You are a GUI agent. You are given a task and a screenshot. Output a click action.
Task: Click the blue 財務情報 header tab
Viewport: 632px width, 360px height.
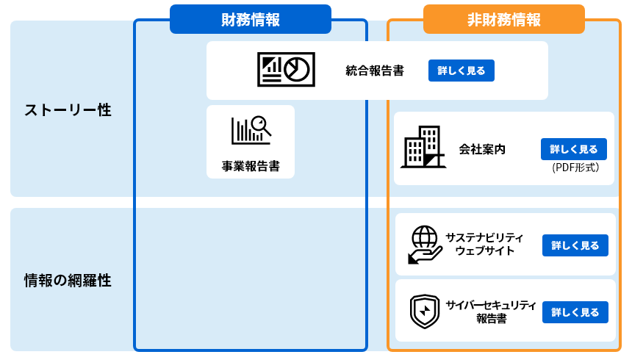[250, 20]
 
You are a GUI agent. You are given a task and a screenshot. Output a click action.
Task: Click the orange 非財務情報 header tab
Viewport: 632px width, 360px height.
[503, 20]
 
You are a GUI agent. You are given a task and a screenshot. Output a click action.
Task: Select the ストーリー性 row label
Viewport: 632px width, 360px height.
[68, 110]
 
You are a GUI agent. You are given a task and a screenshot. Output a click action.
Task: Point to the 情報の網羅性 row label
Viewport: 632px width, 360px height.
[68, 280]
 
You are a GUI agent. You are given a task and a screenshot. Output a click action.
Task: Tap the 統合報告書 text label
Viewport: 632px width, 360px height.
[375, 71]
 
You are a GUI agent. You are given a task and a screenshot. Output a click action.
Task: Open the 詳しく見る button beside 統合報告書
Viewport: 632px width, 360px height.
[461, 71]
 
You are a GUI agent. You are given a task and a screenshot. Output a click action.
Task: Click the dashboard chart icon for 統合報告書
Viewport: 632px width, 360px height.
[286, 69]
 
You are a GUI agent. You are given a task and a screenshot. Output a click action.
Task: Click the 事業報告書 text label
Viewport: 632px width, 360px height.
[251, 166]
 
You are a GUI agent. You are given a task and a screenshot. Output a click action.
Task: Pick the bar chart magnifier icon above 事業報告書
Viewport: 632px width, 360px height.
[251, 130]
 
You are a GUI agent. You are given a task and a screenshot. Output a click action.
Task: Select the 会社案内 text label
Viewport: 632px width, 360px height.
[482, 149]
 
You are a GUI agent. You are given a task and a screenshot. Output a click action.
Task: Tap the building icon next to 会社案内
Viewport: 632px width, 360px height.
[423, 147]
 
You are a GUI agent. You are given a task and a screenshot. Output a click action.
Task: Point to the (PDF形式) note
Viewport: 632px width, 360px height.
[575, 168]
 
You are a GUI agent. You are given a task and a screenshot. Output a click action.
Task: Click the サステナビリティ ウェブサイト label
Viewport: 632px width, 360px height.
[484, 244]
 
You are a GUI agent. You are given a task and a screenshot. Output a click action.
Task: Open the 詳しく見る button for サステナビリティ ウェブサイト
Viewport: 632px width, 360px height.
[575, 245]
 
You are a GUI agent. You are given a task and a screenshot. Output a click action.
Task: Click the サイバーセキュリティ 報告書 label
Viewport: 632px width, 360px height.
[490, 312]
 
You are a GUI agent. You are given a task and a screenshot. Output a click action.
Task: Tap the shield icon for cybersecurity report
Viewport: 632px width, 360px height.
[424, 312]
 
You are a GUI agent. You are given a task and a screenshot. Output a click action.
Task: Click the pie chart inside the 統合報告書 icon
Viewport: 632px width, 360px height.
[297, 68]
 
